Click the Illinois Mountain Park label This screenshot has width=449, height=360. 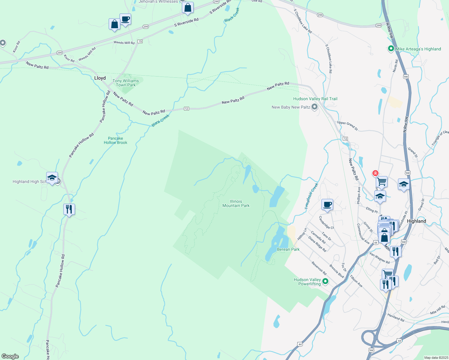point(236,203)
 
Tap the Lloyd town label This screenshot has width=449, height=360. point(100,78)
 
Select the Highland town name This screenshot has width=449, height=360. point(416,221)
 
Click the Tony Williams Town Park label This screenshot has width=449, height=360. point(126,83)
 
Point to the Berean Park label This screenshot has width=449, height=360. point(288,249)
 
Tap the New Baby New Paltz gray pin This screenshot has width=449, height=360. point(315,106)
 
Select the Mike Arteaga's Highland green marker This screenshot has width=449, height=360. point(391,48)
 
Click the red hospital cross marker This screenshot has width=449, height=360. point(375,173)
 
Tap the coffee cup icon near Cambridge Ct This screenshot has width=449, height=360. point(327,205)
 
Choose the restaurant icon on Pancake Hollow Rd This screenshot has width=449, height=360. point(69,209)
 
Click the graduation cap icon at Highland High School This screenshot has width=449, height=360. point(52,178)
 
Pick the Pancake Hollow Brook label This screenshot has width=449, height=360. point(116,140)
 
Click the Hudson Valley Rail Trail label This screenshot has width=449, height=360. point(315,99)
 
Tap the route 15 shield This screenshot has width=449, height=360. point(140,41)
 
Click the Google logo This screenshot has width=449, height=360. point(10,356)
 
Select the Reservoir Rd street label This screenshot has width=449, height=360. point(319,268)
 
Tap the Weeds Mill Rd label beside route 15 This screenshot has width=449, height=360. point(124,43)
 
